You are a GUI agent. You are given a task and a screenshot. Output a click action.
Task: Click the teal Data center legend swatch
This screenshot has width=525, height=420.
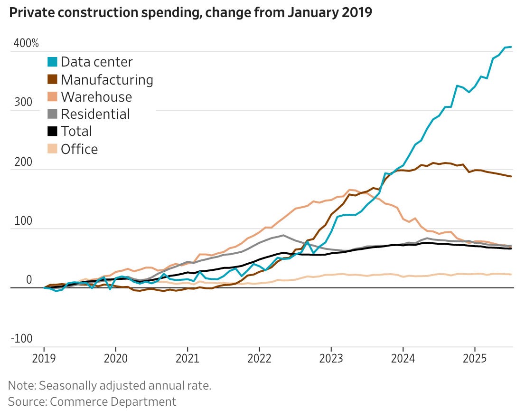[52, 62]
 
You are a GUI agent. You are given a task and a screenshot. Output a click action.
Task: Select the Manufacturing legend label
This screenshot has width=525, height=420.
[107, 79]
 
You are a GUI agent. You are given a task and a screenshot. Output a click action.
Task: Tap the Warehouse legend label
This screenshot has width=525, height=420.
[96, 97]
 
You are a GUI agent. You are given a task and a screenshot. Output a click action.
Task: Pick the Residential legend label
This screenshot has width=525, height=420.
[95, 114]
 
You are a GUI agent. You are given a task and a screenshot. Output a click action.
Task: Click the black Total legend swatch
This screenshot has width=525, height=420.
[52, 132]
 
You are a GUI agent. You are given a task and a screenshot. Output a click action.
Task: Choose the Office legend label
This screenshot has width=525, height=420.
[79, 149]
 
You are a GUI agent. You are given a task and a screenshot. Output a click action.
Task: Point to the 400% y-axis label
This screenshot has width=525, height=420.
[26, 43]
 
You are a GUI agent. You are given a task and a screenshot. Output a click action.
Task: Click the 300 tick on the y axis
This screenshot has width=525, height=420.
[19, 103]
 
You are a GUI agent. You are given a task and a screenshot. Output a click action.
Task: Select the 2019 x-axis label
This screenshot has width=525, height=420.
[44, 357]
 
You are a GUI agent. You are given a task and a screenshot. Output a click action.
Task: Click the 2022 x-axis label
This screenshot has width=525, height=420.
[259, 357]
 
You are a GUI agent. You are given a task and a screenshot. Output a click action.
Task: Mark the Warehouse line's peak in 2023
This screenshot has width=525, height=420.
[351, 190]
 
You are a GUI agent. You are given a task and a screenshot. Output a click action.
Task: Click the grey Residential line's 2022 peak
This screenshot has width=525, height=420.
[283, 235]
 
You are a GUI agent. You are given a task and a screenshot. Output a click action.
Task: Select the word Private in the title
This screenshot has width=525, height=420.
[29, 13]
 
